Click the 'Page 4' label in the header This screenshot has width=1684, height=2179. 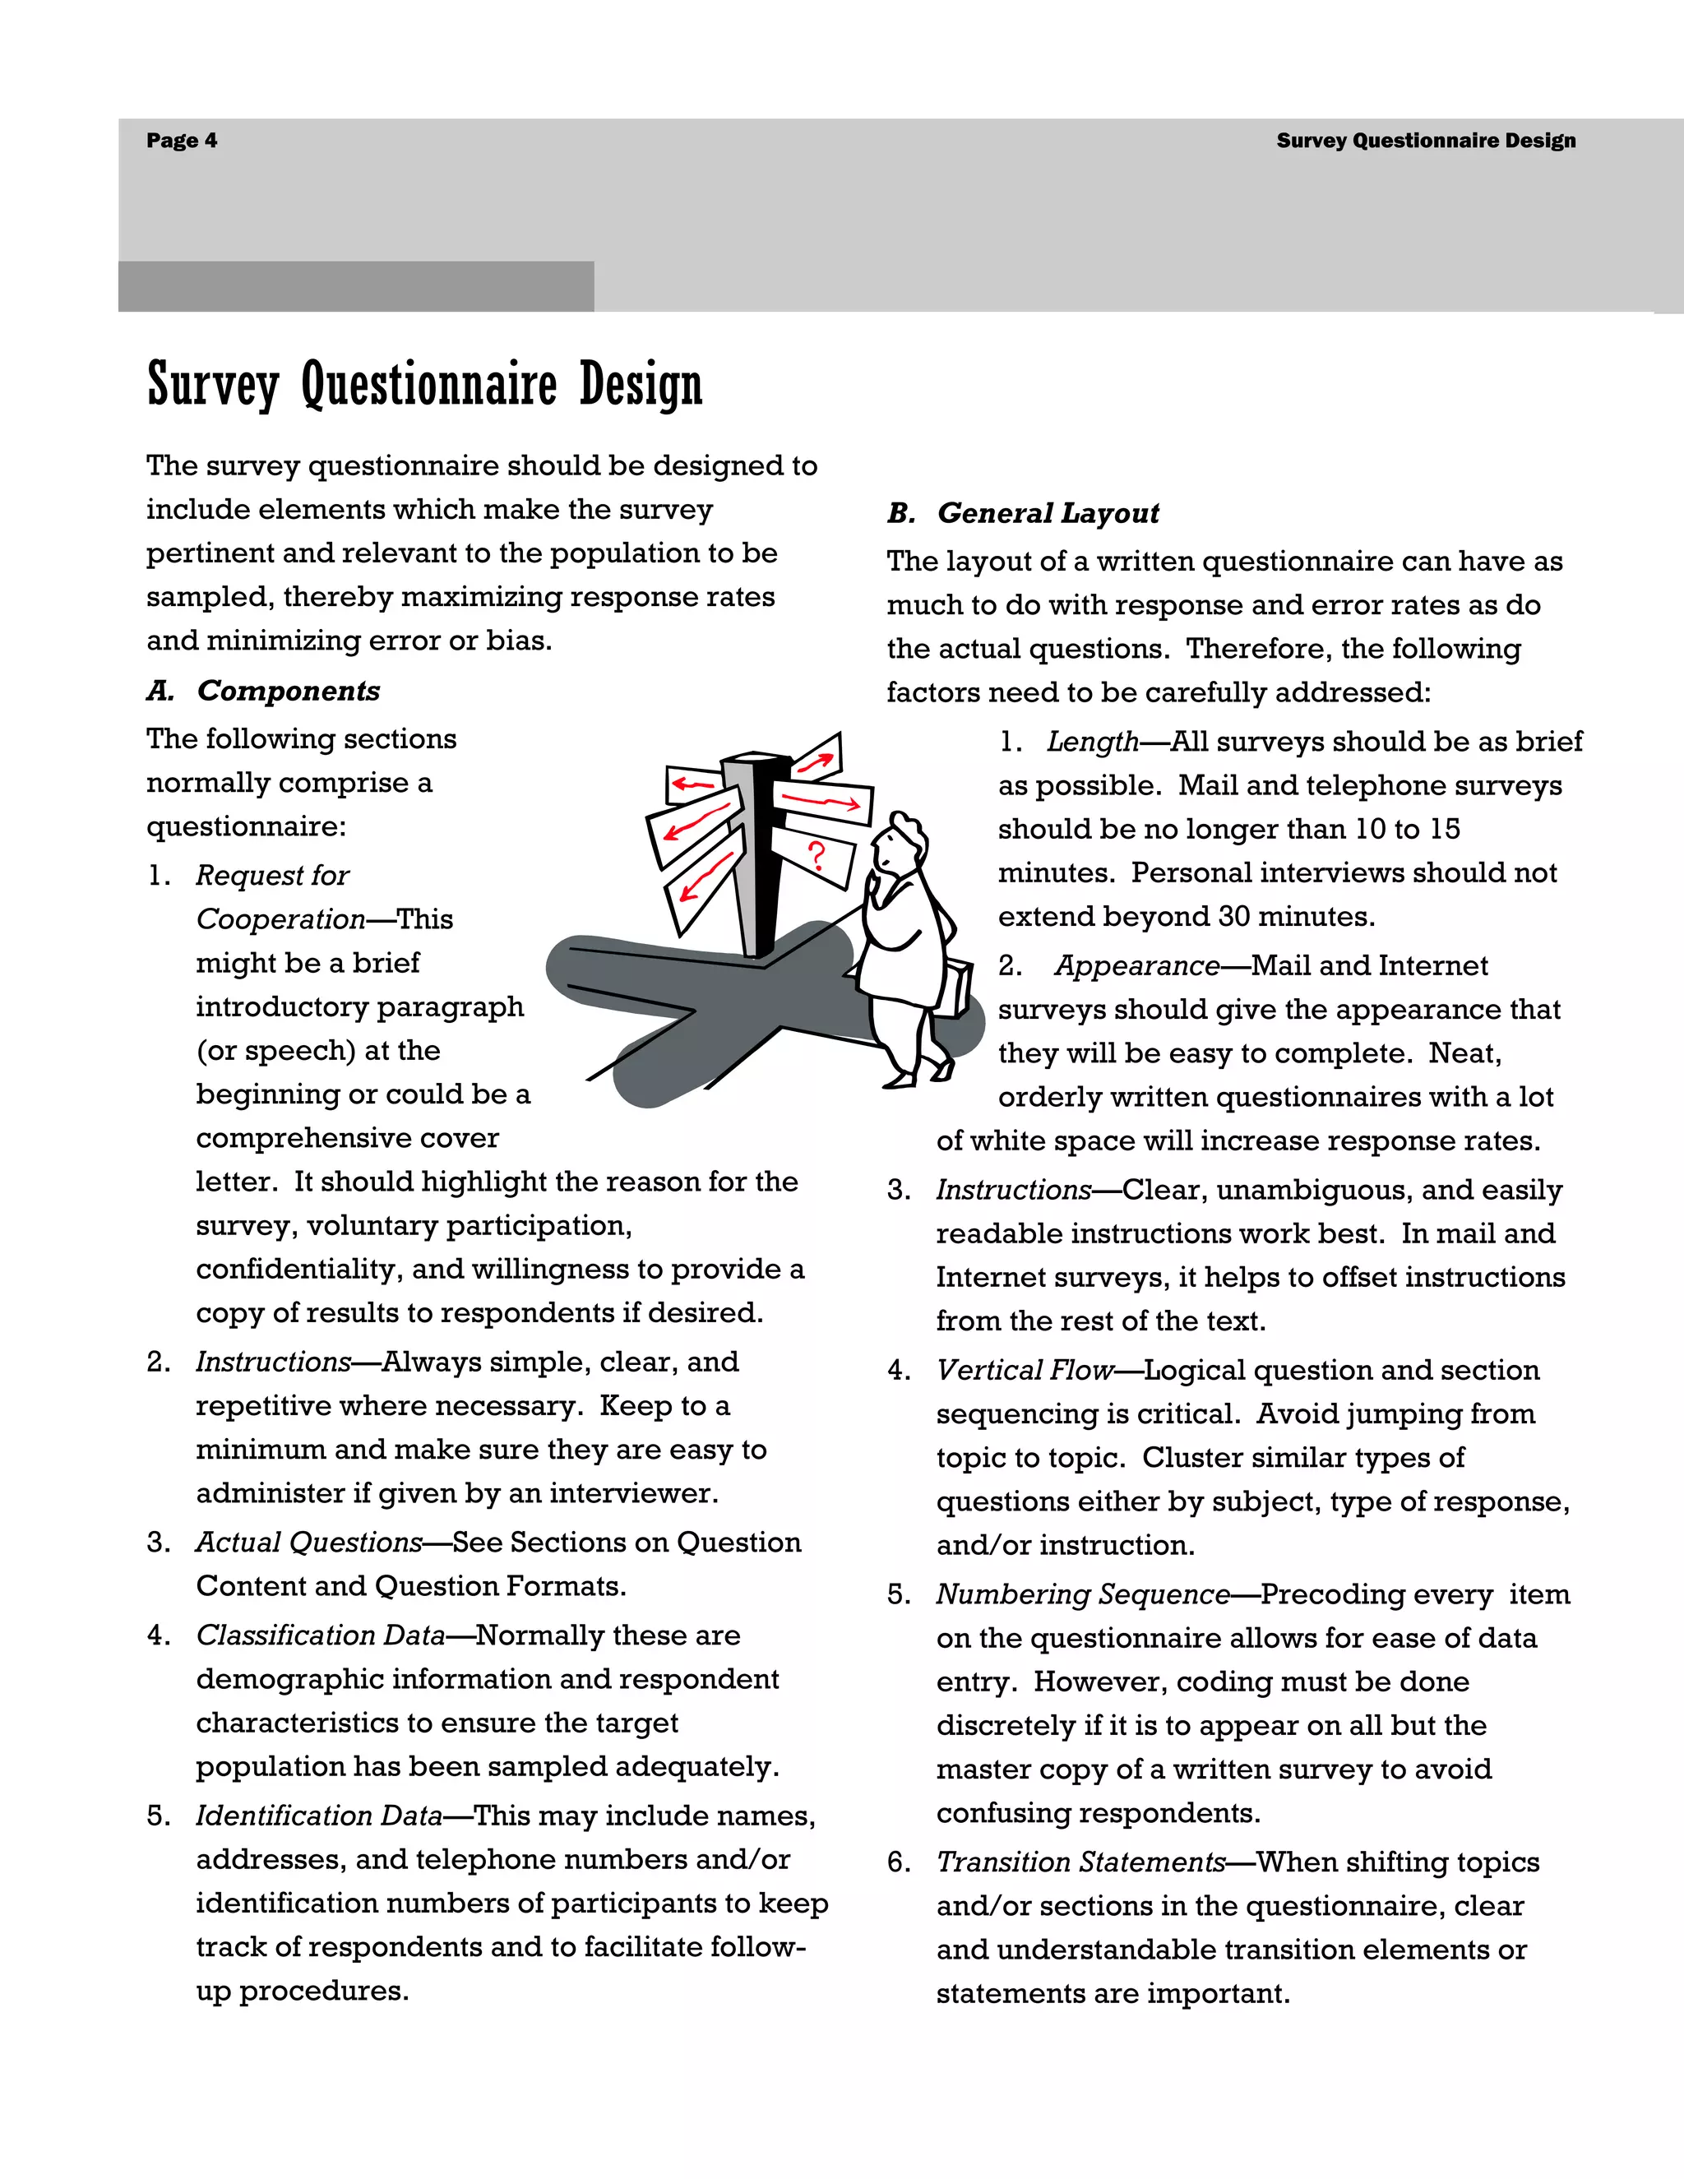click(182, 141)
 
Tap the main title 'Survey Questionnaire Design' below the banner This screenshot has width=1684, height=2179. click(425, 384)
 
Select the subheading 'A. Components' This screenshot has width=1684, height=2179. click(263, 691)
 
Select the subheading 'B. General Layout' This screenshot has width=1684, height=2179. click(1024, 513)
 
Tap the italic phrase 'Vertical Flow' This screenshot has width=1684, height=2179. click(1025, 1371)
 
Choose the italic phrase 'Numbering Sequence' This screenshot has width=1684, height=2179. click(1082, 1595)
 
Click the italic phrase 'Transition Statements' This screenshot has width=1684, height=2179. click(1080, 1862)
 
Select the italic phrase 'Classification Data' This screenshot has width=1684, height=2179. click(320, 1635)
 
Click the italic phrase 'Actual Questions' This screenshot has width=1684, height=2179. click(309, 1543)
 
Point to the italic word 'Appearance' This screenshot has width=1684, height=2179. click(1137, 966)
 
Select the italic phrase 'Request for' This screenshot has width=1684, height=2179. click(272, 875)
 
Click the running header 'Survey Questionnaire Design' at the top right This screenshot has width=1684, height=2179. click(1426, 141)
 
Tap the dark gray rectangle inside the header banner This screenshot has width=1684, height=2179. click(356, 286)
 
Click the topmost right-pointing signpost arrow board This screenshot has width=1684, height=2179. click(818, 759)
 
